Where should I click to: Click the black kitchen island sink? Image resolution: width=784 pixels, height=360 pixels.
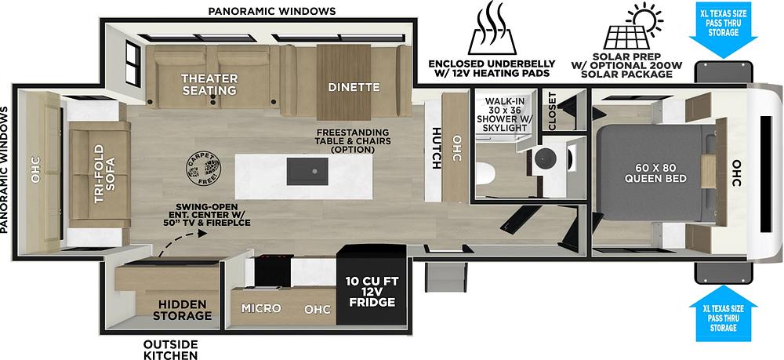point(307,171)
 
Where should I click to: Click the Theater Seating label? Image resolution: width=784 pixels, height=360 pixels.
point(209,85)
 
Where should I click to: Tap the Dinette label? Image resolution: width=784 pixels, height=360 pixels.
point(354,87)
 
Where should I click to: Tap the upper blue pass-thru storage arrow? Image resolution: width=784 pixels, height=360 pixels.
point(723,30)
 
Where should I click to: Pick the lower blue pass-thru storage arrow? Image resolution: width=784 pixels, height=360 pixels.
point(723,314)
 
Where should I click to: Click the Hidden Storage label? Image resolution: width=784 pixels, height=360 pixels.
point(182,310)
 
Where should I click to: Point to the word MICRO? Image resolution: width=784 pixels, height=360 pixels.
point(261,308)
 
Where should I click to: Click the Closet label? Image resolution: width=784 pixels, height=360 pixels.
point(552,111)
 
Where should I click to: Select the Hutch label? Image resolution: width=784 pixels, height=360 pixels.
point(436,148)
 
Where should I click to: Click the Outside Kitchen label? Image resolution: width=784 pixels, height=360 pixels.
point(170,350)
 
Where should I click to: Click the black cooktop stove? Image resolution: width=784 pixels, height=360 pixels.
point(274,271)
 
